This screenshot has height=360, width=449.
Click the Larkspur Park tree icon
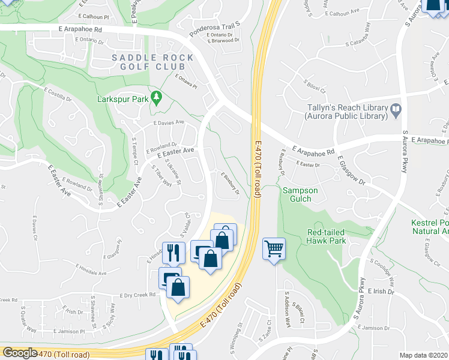point(157,98)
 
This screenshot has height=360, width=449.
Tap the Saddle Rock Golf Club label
point(152,63)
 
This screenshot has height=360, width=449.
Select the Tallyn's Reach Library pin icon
point(396,110)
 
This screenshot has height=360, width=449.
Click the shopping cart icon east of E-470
point(274,248)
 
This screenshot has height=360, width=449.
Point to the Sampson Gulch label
point(300,195)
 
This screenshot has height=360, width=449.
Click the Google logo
point(20,353)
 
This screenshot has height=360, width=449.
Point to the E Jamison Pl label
point(69,331)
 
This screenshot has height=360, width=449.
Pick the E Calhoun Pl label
point(97,17)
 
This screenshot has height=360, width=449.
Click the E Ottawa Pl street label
point(186,81)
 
